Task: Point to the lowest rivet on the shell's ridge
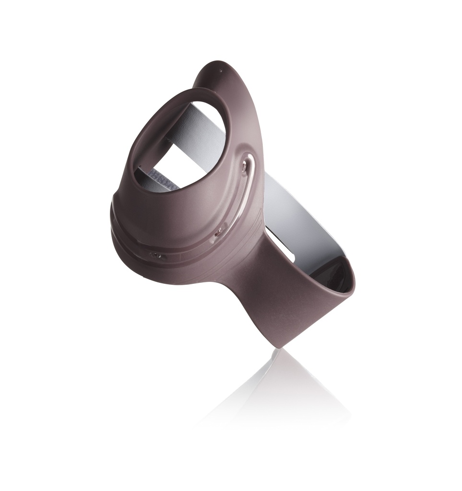click(156, 256)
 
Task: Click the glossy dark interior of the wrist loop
click(338, 273)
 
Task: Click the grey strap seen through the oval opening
click(201, 134)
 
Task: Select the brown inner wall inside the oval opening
click(144, 153)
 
